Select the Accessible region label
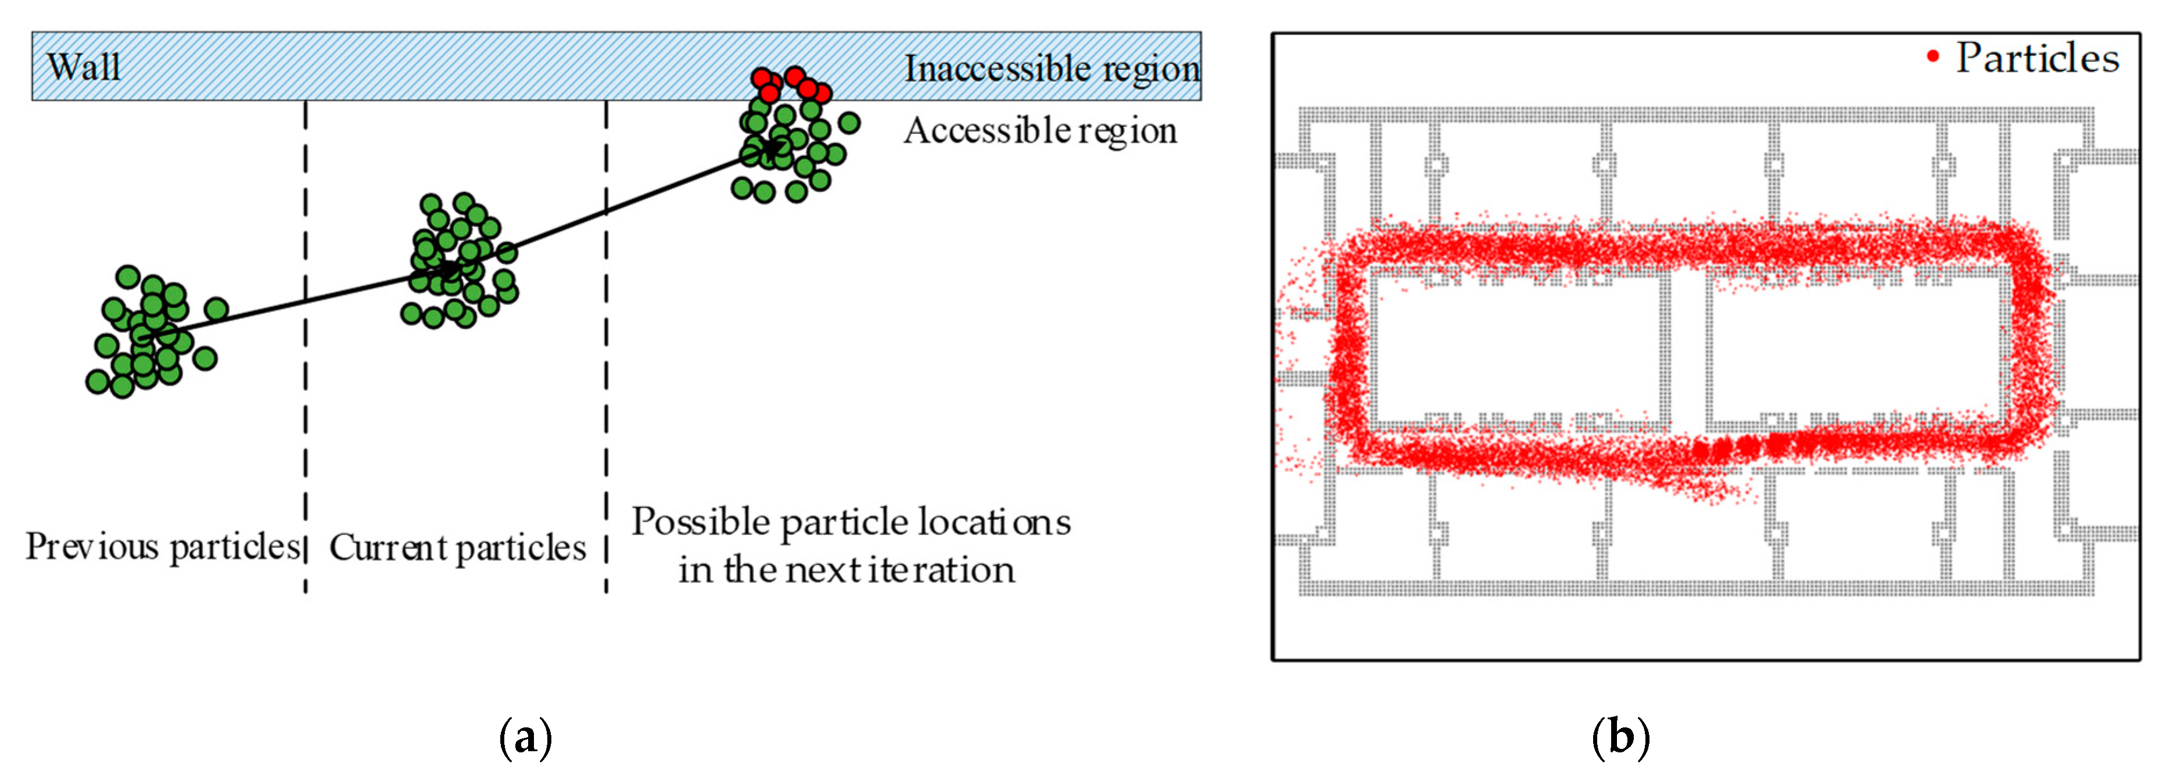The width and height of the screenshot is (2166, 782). point(1040,131)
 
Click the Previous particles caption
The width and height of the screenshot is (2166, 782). point(162,547)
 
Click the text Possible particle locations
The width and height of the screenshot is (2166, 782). point(851,522)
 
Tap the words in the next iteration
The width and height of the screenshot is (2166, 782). point(847,570)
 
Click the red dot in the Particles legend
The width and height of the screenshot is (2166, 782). point(1933,57)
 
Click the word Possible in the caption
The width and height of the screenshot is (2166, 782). point(701,522)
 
